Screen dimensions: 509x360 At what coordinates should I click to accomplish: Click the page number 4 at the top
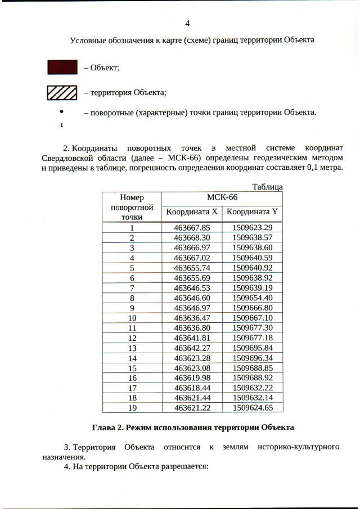pos(188,23)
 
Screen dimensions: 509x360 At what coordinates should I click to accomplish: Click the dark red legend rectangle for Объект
pos(62,67)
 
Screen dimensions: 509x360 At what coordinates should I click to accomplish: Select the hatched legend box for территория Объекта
pos(62,92)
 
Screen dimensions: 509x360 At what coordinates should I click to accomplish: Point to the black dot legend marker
pos(61,112)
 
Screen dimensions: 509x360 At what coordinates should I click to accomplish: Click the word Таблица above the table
pos(267,187)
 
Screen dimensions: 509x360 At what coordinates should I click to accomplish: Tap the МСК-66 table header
pos(222,197)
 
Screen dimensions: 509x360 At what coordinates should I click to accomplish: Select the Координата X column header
pos(192,212)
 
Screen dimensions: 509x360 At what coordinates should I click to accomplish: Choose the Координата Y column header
pos(251,212)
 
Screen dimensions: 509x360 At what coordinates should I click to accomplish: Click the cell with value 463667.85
pos(192,228)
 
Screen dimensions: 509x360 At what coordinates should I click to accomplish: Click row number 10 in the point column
pos(132,318)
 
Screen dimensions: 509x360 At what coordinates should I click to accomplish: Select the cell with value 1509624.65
pos(252,407)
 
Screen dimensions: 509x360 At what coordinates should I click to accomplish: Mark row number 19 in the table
pos(132,407)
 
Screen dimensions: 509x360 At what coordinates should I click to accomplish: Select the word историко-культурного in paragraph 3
pos(298,447)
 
